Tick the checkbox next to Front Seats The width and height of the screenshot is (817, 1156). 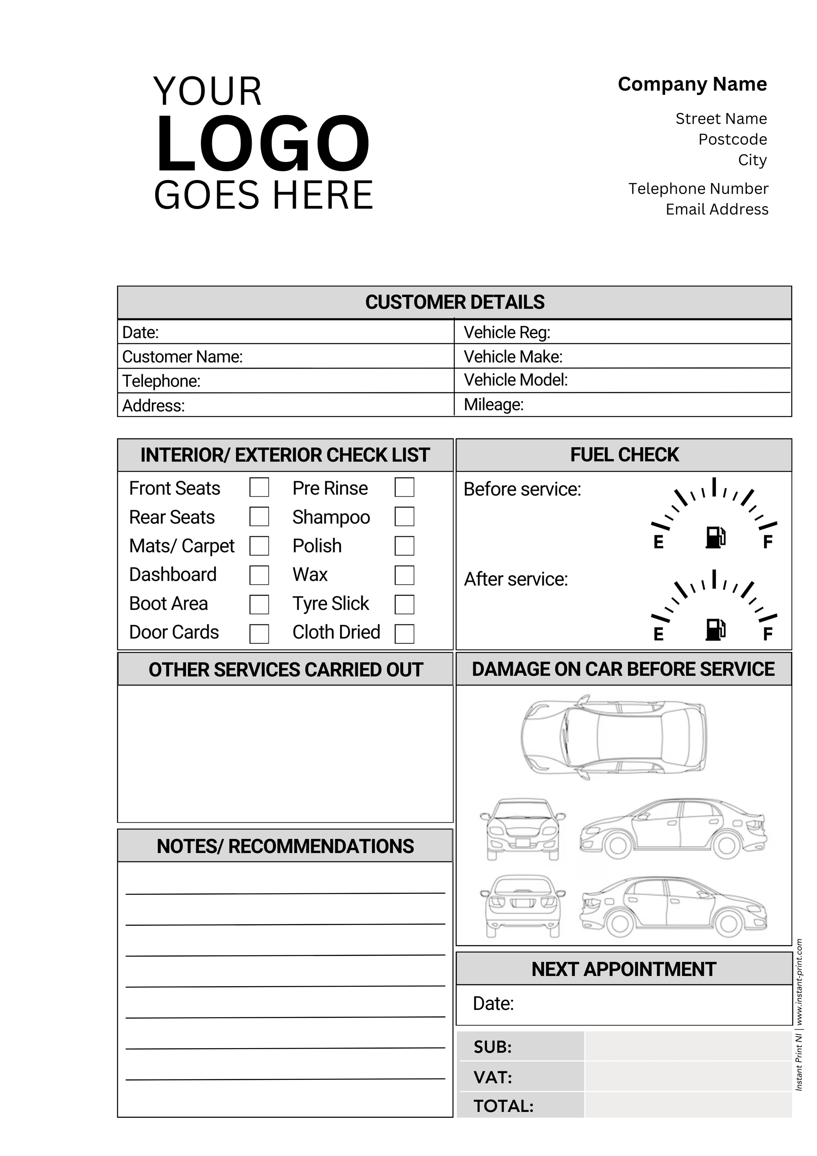(x=259, y=487)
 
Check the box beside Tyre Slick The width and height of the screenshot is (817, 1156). (x=404, y=604)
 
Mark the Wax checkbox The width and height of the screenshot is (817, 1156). (x=404, y=575)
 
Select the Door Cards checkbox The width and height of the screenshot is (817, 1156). (x=259, y=633)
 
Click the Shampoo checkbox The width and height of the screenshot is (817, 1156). (x=404, y=517)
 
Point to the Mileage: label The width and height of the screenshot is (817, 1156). (x=493, y=404)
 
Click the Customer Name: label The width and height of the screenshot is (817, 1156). (x=182, y=356)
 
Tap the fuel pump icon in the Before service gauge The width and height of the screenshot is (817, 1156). (x=715, y=537)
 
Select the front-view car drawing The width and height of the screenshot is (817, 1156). (x=522, y=829)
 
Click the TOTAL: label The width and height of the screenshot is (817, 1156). (x=503, y=1106)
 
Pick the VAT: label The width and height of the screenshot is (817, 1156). (x=492, y=1077)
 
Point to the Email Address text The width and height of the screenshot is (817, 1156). (x=717, y=209)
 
